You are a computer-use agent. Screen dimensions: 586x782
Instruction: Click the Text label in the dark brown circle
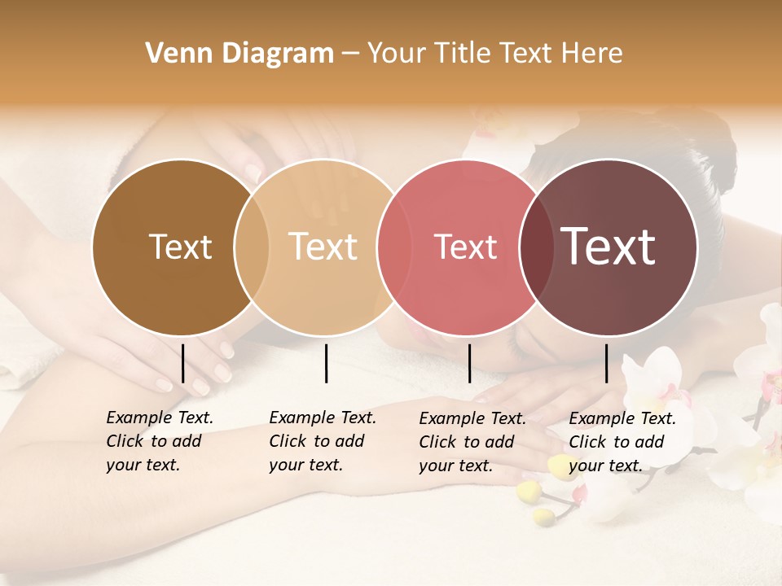pos(181,247)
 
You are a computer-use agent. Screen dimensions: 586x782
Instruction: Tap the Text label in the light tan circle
pos(323,247)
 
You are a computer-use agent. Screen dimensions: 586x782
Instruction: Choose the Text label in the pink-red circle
pos(466,247)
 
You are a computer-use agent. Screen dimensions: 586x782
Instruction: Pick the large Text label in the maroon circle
pos(608,247)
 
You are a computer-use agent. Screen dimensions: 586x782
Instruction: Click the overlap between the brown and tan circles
pos(252,247)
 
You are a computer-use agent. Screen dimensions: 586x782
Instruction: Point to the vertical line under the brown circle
pos(182,363)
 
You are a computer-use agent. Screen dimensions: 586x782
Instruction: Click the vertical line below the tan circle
pos(326,363)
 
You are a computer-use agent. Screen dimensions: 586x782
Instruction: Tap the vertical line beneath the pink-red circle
pos(469,363)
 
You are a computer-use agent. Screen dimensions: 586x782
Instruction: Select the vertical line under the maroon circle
pos(606,363)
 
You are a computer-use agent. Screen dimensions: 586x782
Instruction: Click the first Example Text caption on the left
pos(160,441)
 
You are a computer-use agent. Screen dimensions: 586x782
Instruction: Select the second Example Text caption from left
pos(323,441)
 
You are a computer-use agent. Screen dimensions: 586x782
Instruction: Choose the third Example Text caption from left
pos(472,442)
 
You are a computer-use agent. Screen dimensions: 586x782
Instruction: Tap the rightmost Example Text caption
pos(622,442)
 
